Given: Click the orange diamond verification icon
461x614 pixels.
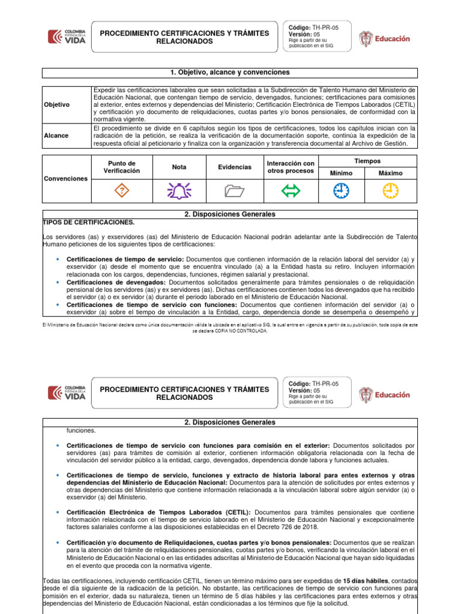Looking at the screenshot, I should pos(122,191).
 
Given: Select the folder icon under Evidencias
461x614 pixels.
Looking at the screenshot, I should pos(235,191).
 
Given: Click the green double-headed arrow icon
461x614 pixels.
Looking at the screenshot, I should pos(291,191).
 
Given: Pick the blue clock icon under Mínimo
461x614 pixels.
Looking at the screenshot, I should pos(341,191).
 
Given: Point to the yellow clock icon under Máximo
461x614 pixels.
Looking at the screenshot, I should pos(391,191).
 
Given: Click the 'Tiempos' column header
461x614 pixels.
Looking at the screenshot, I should pos(367,161).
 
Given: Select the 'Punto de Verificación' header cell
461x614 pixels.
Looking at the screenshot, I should pos(122,167).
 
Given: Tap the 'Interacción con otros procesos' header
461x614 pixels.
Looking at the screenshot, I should pos(291,167).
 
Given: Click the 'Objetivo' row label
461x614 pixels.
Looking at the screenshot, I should pos(57,105).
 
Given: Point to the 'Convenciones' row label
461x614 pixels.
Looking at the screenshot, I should pos(66,179).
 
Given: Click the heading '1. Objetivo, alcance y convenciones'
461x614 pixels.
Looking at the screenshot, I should pos(230,73).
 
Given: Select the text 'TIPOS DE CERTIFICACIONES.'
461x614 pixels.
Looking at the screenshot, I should pos(88,222).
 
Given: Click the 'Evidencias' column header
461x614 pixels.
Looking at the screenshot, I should pos(235,167).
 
